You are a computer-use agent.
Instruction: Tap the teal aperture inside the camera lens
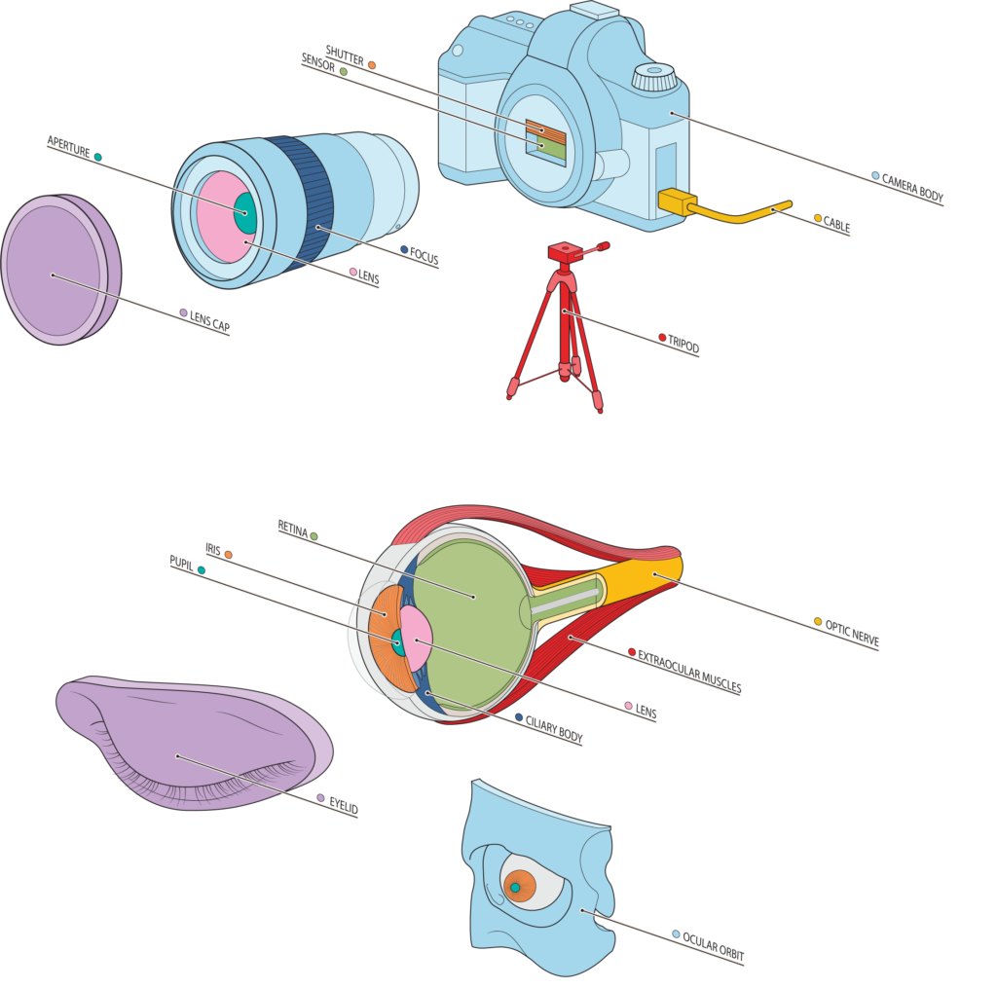(245, 213)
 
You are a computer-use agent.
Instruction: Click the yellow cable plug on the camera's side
(678, 201)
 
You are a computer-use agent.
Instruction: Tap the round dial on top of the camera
(654, 78)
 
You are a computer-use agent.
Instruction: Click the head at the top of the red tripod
(562, 252)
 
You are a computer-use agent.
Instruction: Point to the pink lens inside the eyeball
(416, 638)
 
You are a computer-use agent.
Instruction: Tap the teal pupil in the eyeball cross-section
(397, 641)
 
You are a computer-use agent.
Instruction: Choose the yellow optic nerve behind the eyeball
(643, 574)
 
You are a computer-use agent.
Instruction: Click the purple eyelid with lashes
(185, 740)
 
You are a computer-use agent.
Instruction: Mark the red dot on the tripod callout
(662, 338)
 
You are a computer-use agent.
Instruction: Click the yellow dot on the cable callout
(818, 218)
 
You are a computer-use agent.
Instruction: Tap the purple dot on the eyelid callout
(320, 798)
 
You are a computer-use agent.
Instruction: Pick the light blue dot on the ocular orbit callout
(676, 933)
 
